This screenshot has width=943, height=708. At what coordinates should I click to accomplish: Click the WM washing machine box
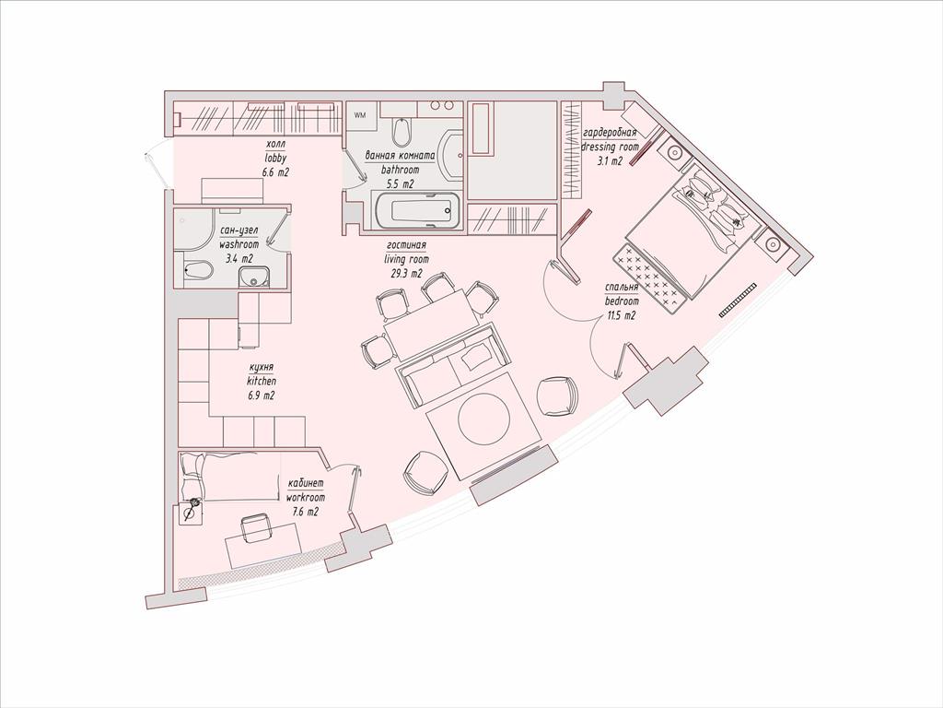coord(361,114)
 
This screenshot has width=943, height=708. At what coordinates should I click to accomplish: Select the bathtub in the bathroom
coord(419,211)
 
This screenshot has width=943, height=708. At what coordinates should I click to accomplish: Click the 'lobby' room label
coord(276,159)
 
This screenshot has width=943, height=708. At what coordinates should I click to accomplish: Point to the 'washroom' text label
coord(239,245)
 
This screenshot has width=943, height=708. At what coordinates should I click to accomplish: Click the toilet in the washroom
coord(197,270)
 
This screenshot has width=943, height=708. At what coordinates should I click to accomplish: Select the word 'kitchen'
coord(261,381)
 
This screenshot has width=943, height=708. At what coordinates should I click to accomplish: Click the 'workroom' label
coord(306,498)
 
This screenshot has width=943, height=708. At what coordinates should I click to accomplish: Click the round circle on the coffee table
coord(483,419)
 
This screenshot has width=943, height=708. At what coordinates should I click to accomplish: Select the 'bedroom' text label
coord(622,301)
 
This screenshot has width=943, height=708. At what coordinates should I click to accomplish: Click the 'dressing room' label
coord(609,147)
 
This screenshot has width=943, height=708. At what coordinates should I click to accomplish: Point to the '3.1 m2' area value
coord(610,160)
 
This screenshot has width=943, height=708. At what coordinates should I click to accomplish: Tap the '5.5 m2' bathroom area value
coord(400,184)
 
